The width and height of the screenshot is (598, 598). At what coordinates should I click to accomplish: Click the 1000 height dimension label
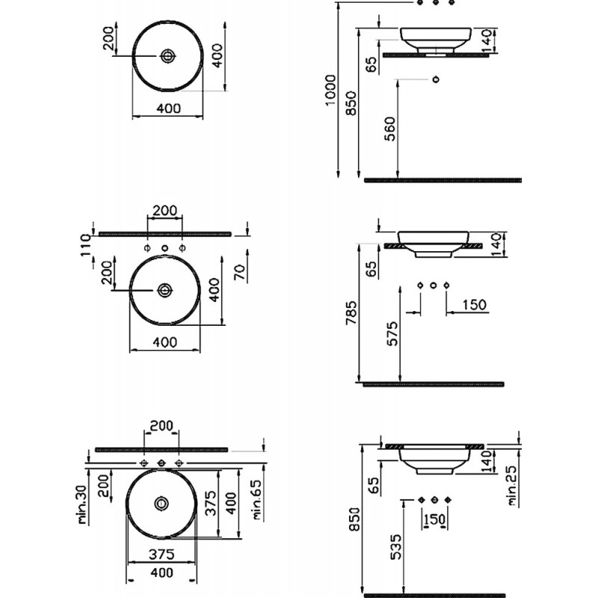pos(330,90)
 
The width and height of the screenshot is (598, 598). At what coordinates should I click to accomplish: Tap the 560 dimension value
pos(390,129)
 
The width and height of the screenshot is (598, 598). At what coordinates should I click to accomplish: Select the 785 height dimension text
pos(351,312)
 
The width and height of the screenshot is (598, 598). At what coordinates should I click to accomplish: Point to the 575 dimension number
pos(392,333)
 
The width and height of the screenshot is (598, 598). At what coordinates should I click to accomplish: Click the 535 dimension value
pos(396,546)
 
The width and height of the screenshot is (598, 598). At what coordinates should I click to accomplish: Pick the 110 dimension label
pos(85,245)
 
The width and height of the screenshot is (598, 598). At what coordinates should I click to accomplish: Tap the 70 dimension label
pos(240,272)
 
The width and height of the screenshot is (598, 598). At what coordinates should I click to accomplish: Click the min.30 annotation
pos(83,504)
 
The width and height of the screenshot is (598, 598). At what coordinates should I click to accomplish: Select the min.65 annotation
pos(256,499)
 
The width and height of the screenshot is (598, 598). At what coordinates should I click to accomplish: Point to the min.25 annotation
pos(512,486)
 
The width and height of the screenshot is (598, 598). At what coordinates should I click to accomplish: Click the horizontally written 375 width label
pos(161,554)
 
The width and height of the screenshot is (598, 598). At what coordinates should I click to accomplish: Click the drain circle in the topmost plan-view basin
pos(167,56)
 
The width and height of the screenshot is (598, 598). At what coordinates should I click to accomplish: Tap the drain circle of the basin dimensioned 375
pos(161,503)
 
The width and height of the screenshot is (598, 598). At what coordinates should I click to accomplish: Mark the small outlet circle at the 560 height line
pos(436,79)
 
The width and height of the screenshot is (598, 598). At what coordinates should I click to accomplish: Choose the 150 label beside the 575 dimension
pos(475,305)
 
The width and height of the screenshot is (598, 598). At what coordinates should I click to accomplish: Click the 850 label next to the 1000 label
pos(351,103)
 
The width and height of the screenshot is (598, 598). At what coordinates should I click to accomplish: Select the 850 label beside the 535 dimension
pos(354,519)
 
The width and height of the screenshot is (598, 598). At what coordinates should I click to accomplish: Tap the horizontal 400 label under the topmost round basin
pos(169,108)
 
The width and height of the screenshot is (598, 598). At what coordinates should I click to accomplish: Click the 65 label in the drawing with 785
pos(371,268)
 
